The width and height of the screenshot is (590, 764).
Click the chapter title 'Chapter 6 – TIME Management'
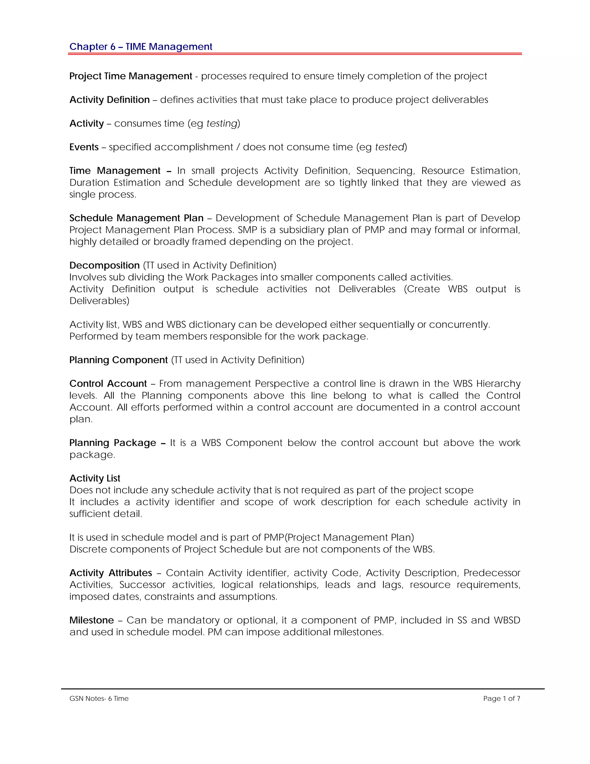(x=141, y=46)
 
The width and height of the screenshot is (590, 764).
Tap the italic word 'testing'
(x=222, y=123)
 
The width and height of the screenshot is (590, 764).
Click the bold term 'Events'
(x=84, y=147)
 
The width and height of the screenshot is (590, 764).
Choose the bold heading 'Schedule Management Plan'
(x=136, y=218)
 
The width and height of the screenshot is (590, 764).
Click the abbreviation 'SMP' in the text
(x=247, y=230)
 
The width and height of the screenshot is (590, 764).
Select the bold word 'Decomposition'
(x=104, y=265)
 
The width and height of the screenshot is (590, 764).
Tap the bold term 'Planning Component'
(x=118, y=360)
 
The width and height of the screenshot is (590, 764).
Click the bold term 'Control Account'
(x=108, y=383)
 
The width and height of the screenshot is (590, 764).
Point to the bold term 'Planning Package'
(x=113, y=443)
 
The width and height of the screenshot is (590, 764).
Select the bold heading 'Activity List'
(x=95, y=478)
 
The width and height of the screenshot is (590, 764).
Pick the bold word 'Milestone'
(x=92, y=620)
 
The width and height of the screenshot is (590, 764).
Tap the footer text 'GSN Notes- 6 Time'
(x=99, y=699)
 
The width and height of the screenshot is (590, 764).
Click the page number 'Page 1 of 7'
(x=502, y=699)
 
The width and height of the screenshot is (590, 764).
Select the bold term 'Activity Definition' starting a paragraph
(x=109, y=100)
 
